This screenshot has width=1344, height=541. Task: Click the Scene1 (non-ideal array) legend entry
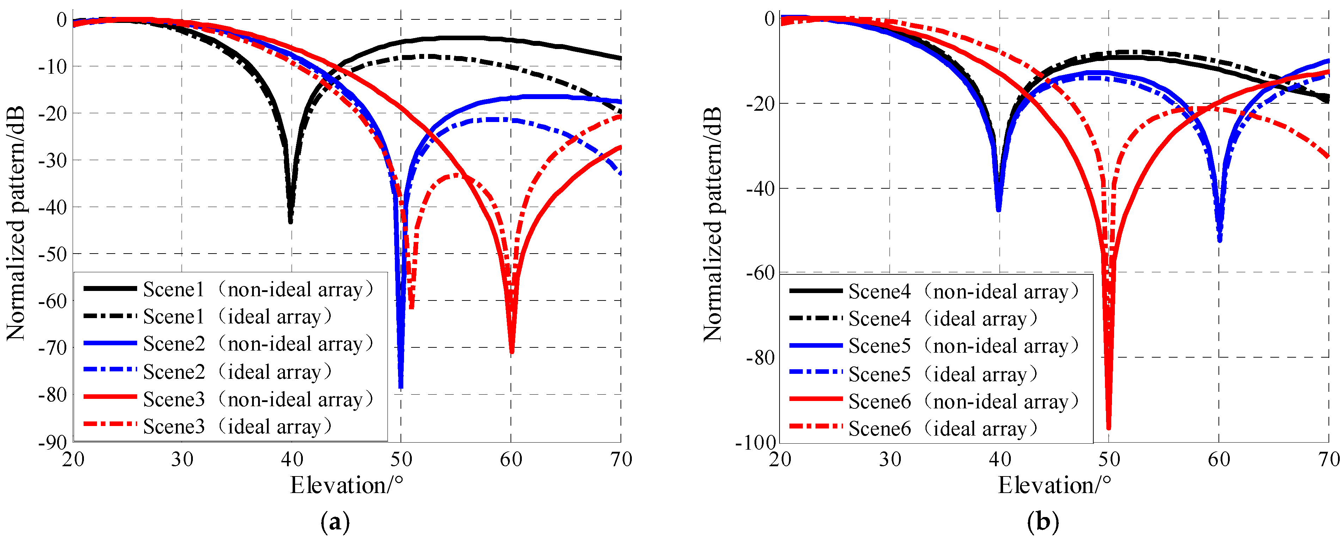coord(230,289)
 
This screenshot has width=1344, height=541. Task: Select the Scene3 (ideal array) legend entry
coord(209,426)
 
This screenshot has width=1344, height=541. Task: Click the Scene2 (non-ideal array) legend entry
coord(230,344)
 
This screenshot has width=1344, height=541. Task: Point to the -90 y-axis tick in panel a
coord(52,442)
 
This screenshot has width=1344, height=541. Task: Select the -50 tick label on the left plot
coord(52,254)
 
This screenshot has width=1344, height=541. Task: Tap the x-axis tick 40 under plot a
coord(292,459)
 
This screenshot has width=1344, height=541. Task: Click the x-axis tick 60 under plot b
coord(1219,459)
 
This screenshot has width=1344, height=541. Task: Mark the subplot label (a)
coord(335,522)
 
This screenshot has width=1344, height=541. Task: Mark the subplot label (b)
coord(1043,522)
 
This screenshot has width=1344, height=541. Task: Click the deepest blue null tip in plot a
coord(401,387)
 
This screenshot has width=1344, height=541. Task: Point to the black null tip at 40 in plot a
coord(291,222)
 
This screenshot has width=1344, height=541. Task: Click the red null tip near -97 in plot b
coord(1109,428)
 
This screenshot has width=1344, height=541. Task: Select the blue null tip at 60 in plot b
coord(1219,240)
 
